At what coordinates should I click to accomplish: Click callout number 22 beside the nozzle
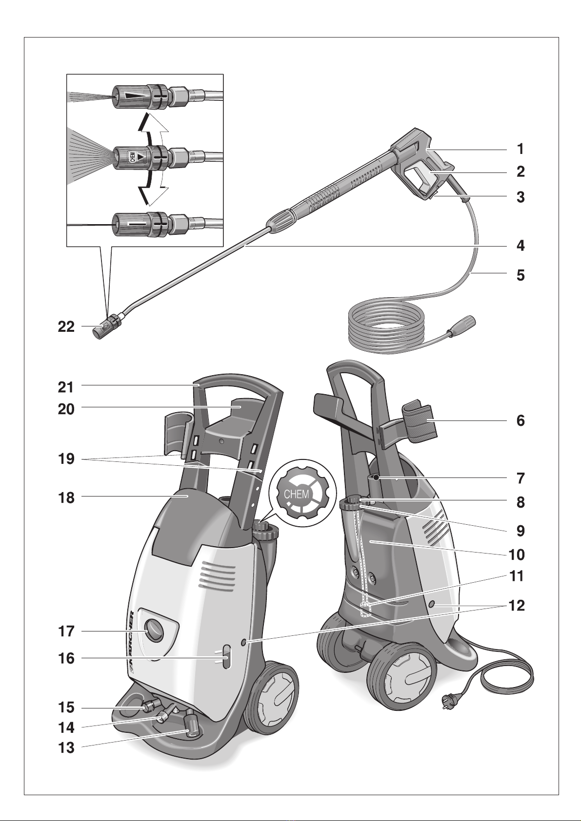[x=66, y=326]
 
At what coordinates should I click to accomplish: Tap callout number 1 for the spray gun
[x=520, y=149]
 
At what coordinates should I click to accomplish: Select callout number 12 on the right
[x=517, y=606]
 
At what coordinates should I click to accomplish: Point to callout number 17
[x=66, y=631]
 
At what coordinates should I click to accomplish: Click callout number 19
[x=66, y=459]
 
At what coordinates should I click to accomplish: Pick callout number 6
[x=521, y=420]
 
